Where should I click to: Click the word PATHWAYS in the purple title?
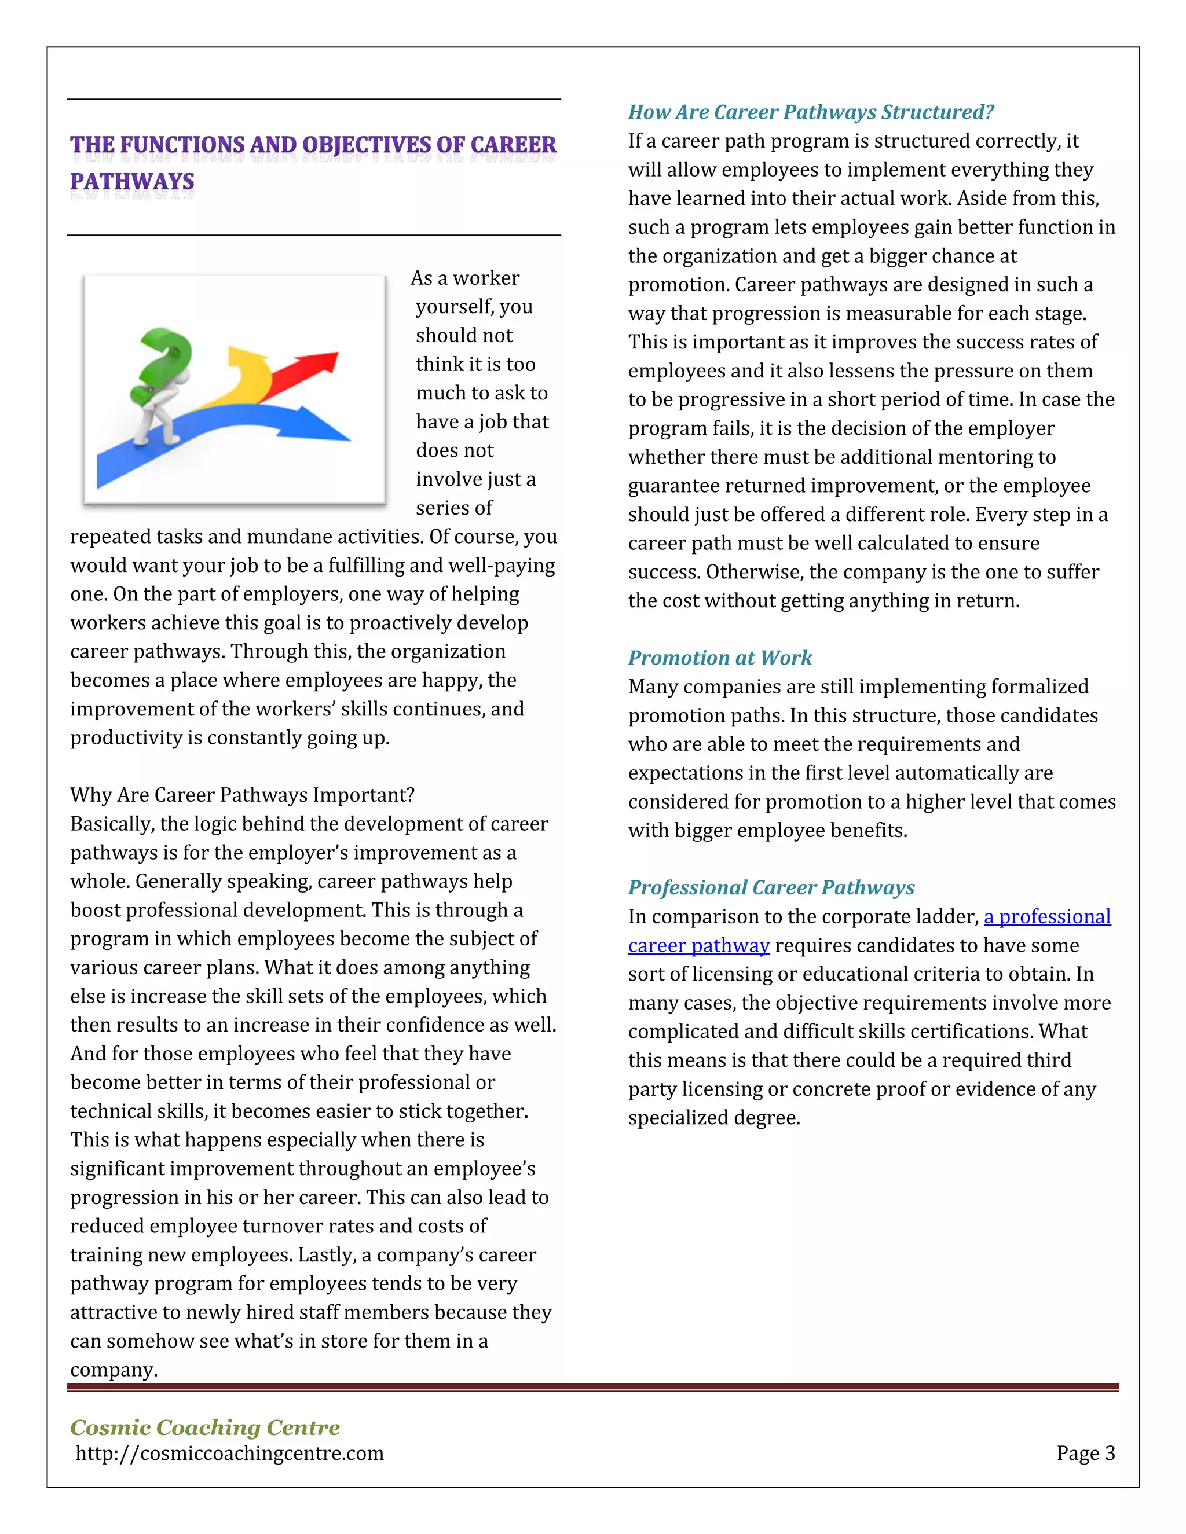coord(132,181)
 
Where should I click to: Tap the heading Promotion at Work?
coord(719,658)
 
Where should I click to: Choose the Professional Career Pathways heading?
coord(771,888)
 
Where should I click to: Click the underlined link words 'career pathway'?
coord(698,945)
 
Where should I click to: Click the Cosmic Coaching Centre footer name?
coord(204,1428)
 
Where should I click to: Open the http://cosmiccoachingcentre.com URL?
coord(230,1453)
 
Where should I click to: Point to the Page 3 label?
coord(1085,1453)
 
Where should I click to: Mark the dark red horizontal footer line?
coord(592,1387)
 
